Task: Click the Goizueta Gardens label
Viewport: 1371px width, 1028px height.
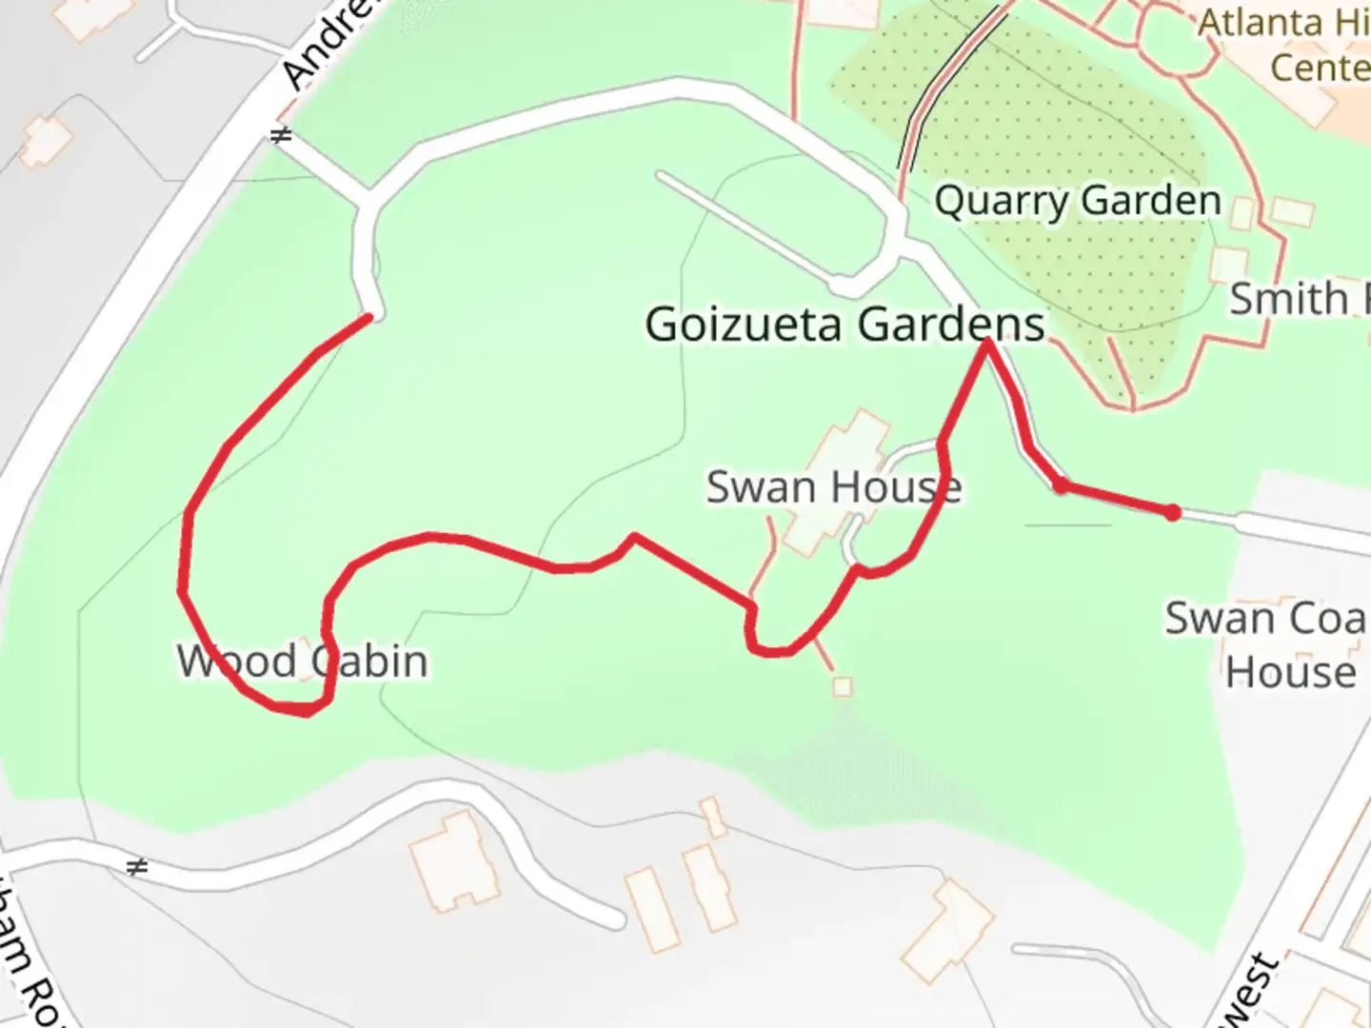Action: [844, 325]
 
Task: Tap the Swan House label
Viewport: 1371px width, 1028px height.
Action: [833, 487]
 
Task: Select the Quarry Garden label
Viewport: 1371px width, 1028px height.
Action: [1077, 201]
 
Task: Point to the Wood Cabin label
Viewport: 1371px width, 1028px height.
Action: [303, 662]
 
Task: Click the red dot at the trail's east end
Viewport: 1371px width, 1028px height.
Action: [1173, 513]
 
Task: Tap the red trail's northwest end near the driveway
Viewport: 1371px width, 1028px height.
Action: [368, 318]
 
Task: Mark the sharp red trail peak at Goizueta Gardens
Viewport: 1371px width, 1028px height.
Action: [987, 342]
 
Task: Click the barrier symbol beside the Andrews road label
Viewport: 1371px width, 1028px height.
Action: [280, 136]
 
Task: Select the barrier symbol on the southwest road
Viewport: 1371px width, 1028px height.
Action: [138, 867]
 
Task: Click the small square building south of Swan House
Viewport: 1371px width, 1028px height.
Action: [842, 685]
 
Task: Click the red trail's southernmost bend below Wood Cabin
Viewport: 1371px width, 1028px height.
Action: [305, 711]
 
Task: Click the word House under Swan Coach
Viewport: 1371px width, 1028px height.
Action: [1290, 672]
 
